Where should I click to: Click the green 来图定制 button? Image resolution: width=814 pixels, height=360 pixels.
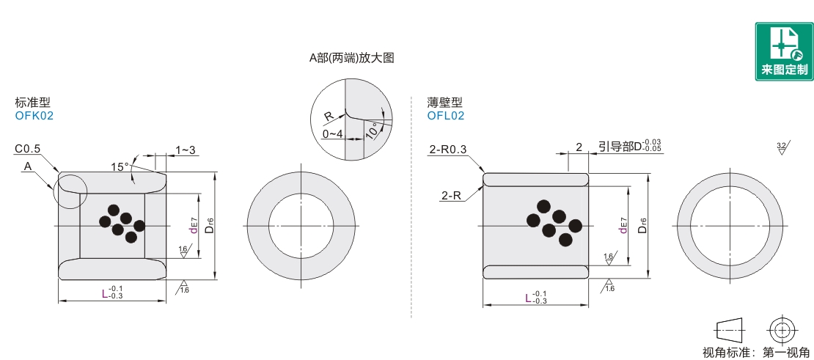(x=784, y=51)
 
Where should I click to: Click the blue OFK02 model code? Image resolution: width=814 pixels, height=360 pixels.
(x=34, y=115)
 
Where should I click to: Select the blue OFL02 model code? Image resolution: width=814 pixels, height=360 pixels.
(x=446, y=115)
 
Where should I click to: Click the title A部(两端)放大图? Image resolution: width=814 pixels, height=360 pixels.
(x=352, y=58)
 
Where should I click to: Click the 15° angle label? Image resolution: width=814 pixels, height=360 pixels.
(x=120, y=167)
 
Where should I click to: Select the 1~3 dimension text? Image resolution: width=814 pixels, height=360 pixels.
(x=186, y=150)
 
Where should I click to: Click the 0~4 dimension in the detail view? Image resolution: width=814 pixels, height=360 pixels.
(x=332, y=134)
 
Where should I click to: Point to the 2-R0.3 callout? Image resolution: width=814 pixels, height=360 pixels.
(x=447, y=150)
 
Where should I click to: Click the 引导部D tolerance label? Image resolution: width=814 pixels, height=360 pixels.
(x=630, y=147)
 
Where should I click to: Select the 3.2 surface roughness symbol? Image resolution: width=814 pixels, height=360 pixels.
(x=781, y=149)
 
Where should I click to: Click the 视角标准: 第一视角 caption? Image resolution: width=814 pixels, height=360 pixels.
(x=756, y=353)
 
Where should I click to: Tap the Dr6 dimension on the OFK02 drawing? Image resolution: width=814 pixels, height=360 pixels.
(x=209, y=226)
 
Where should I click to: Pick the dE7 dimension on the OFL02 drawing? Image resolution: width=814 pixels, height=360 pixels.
(x=624, y=225)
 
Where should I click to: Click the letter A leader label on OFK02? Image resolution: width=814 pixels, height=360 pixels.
(x=28, y=166)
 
